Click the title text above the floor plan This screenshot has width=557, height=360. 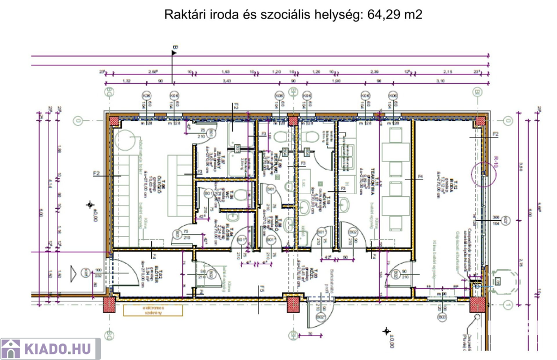293,15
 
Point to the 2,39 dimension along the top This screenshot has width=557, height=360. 374,72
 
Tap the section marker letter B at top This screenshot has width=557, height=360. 175,49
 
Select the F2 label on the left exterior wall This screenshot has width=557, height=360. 97,174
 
